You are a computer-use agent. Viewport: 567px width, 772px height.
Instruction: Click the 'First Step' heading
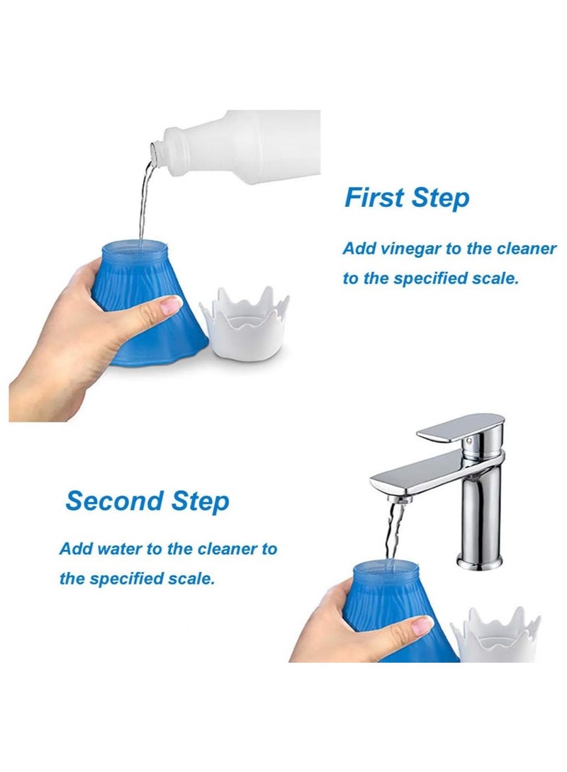[407, 198]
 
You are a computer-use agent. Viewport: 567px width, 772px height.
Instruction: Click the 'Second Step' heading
[147, 501]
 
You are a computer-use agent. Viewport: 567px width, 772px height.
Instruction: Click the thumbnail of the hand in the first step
[171, 305]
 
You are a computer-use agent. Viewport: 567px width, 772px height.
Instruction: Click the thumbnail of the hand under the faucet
[422, 624]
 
